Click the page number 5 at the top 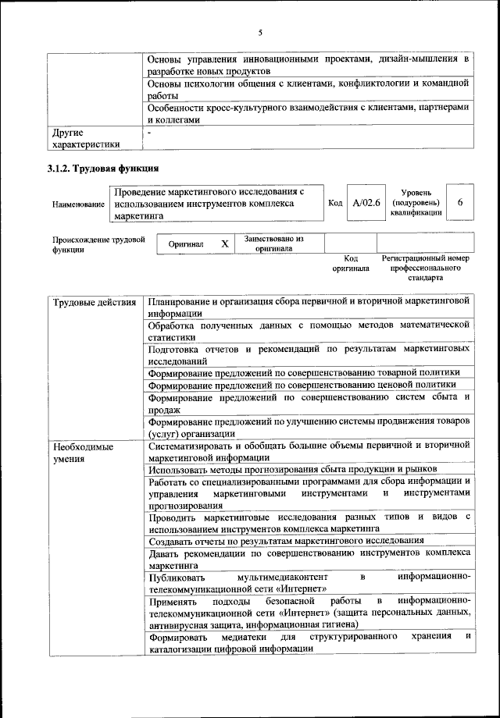coord(260,32)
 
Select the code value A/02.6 coord(366,202)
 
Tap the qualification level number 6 coord(460,202)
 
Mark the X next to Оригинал coord(224,243)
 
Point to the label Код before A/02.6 coord(335,203)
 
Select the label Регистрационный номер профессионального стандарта coord(425,267)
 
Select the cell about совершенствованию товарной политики coord(309,372)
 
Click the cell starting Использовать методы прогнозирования coord(292,469)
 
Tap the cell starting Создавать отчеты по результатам coord(286,540)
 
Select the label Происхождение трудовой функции coord(98,244)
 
